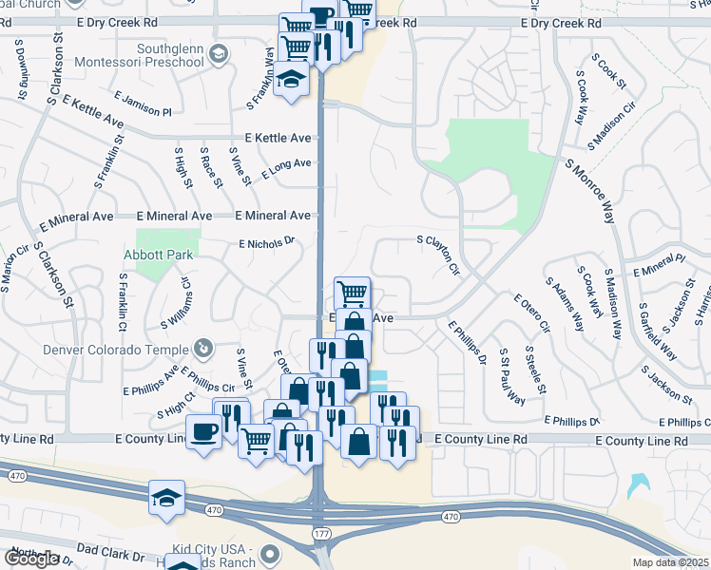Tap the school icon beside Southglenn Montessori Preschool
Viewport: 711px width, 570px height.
pyautogui.click(x=220, y=54)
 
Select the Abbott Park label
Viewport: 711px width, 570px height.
pyautogui.click(x=158, y=255)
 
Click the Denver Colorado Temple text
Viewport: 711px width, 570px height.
pyautogui.click(x=117, y=348)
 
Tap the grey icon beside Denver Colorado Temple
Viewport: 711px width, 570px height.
pyautogui.click(x=202, y=348)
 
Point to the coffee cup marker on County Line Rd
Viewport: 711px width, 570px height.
pyautogui.click(x=203, y=432)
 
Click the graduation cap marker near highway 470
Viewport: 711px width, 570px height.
pyautogui.click(x=165, y=496)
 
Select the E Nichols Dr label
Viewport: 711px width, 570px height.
pyautogui.click(x=267, y=243)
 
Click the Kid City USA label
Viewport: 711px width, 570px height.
pyautogui.click(x=211, y=551)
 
